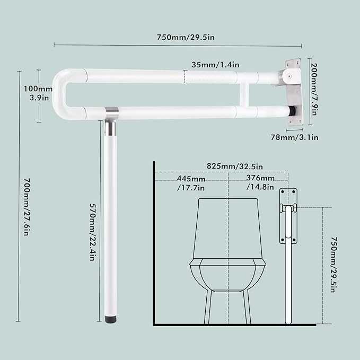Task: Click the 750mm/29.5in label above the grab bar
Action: [x=186, y=37]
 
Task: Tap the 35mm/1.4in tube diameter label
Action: [x=215, y=65]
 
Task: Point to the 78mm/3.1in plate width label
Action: [x=295, y=137]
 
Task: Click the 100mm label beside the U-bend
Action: [x=38, y=89]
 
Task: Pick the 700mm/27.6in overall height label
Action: [x=27, y=207]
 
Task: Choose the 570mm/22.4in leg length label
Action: [x=93, y=232]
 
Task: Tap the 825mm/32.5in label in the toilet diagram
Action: [x=235, y=166]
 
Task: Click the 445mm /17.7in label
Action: [x=191, y=183]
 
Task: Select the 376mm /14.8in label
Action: [x=260, y=182]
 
